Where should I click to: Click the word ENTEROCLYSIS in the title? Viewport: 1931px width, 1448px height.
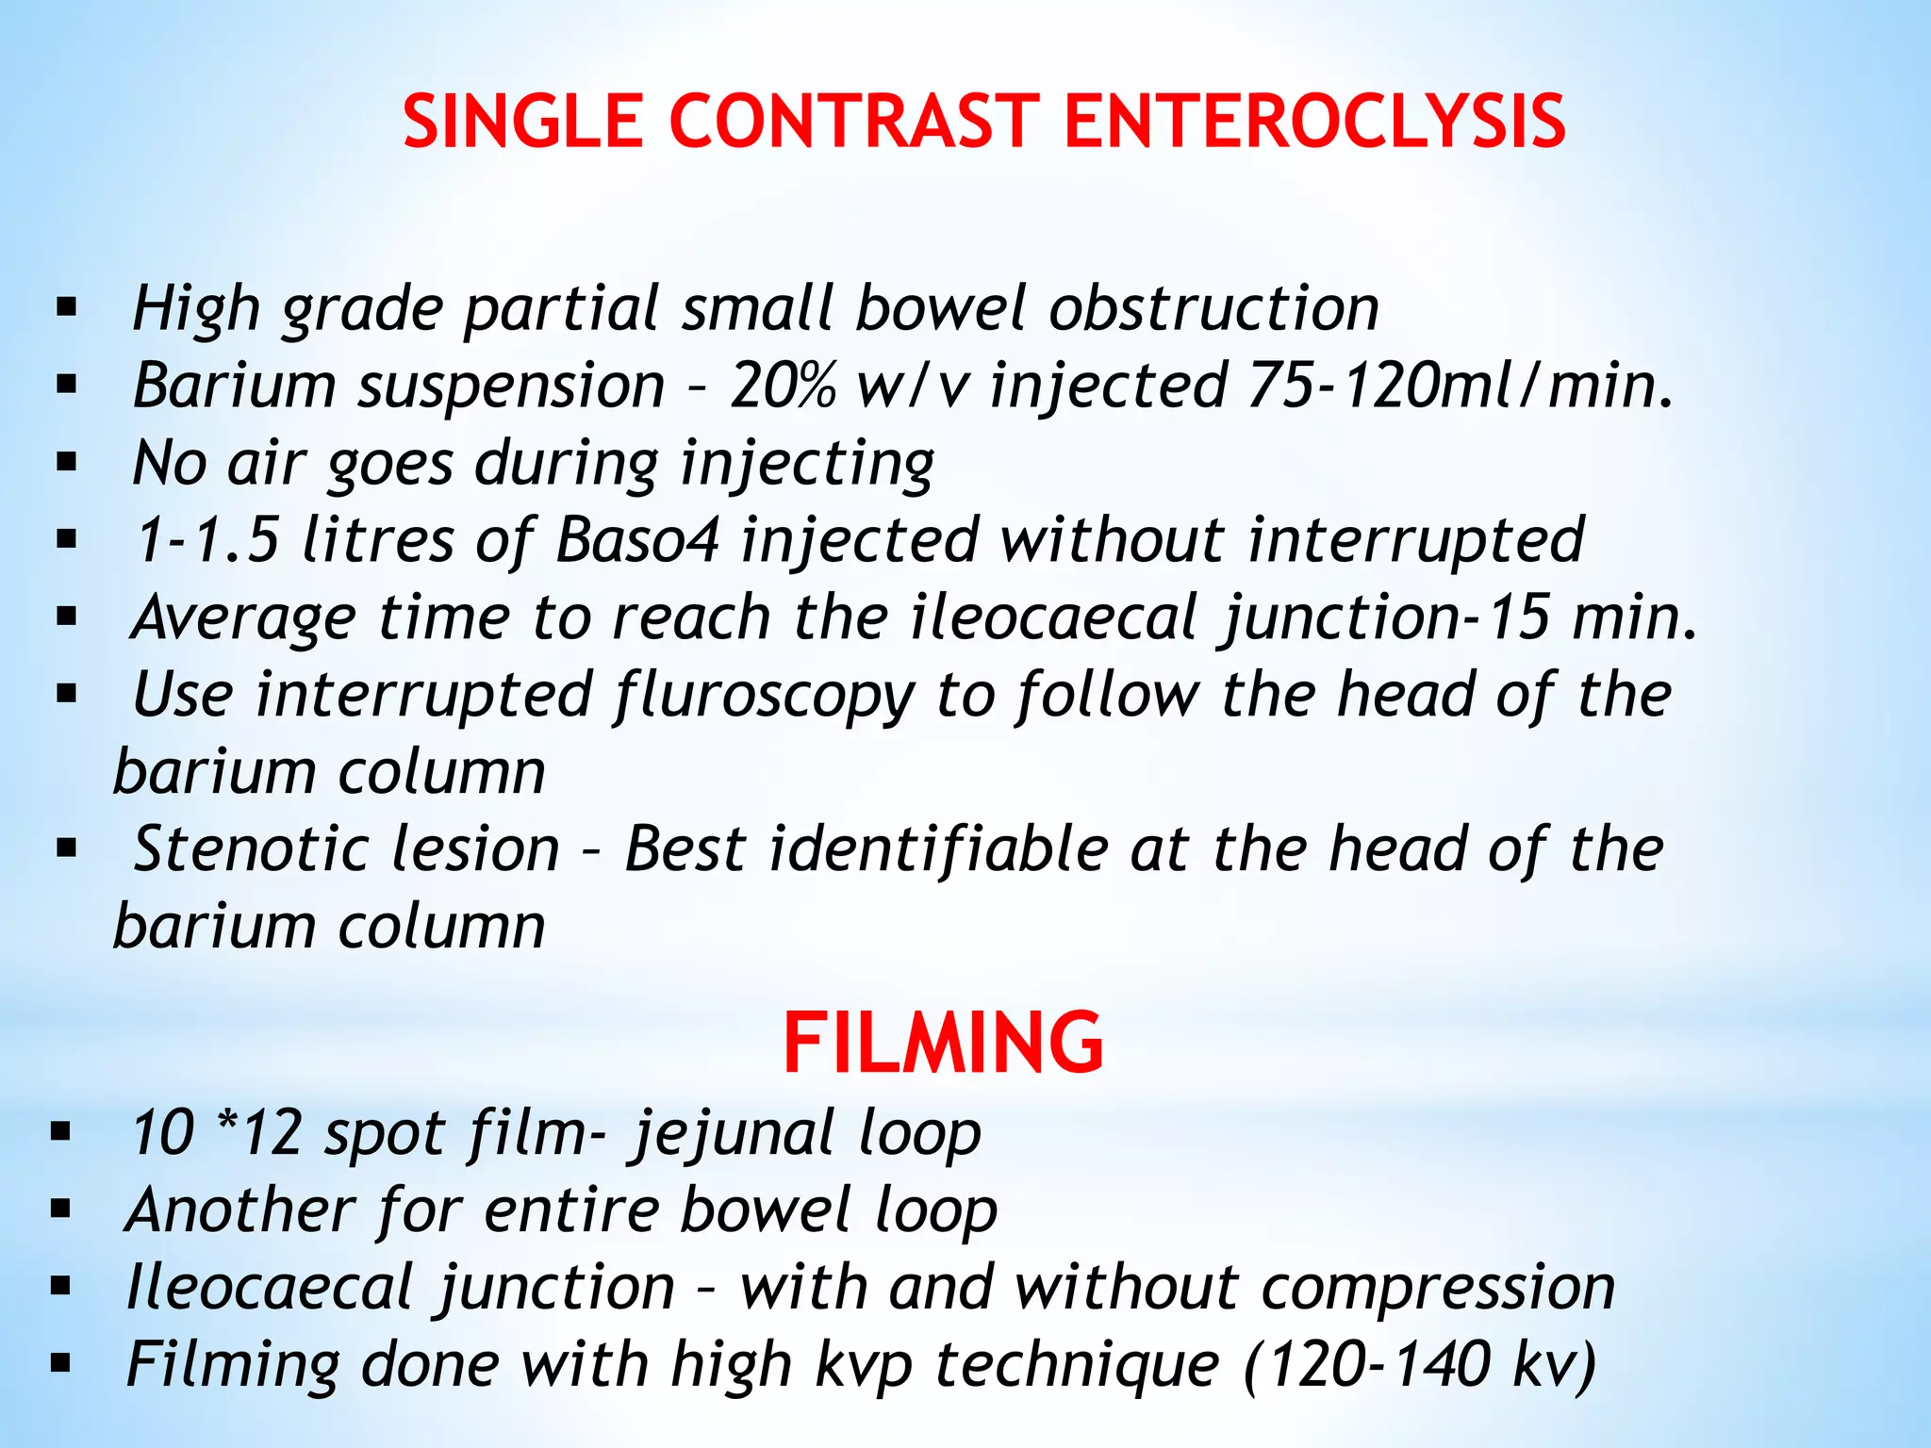point(1314,123)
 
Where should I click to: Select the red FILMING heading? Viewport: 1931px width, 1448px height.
point(943,1043)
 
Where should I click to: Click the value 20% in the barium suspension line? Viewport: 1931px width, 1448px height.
point(783,387)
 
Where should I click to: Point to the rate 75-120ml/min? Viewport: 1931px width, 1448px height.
point(1461,387)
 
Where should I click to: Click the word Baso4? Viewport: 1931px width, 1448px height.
point(637,541)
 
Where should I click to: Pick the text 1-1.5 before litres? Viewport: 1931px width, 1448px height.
point(207,541)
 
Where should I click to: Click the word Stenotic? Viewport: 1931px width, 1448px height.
point(253,850)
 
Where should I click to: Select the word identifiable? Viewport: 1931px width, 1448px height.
point(939,850)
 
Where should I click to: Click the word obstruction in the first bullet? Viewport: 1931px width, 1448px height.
point(1214,309)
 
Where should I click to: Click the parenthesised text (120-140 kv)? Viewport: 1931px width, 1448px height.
point(1420,1365)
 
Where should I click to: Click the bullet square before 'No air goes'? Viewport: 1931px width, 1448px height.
point(66,463)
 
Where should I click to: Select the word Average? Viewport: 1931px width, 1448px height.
point(245,619)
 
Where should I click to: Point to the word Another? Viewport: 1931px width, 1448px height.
point(240,1210)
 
